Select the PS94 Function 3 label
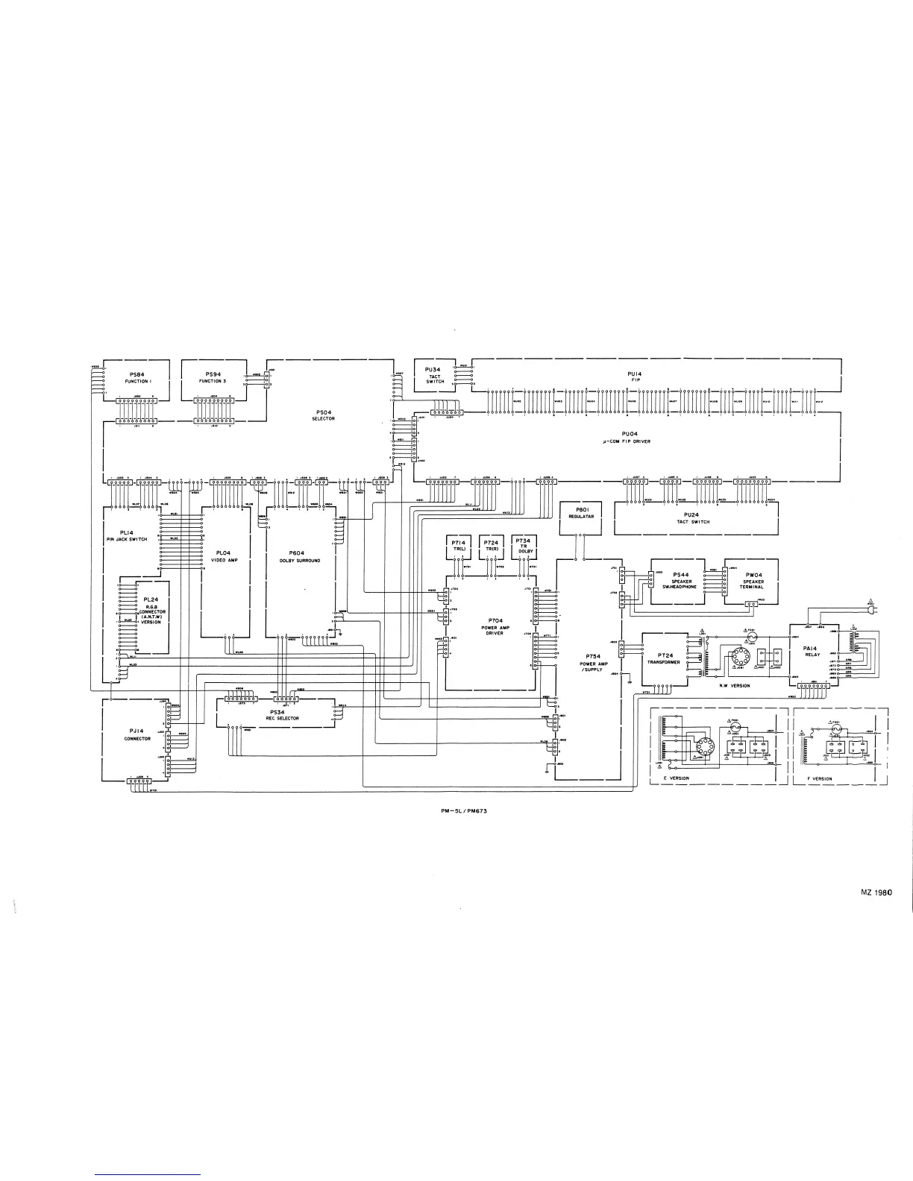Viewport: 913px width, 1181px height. pyautogui.click(x=212, y=377)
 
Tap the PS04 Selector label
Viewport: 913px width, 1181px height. pyautogui.click(x=323, y=415)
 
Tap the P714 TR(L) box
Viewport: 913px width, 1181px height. pyautogui.click(x=459, y=545)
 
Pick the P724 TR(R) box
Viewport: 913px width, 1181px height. pyautogui.click(x=491, y=545)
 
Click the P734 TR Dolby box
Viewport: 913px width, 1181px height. pyautogui.click(x=524, y=545)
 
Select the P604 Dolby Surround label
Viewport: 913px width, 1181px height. pyautogui.click(x=299, y=555)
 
